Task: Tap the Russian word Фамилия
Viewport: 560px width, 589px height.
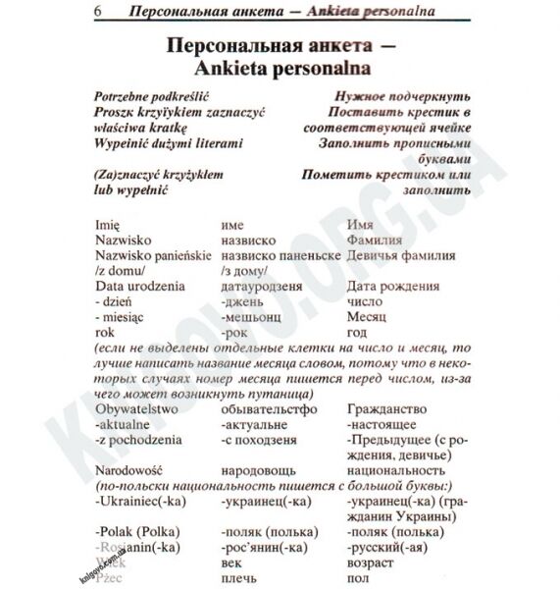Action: coord(375,240)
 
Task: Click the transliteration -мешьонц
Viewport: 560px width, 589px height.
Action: coord(252,317)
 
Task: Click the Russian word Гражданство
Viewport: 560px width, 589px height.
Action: coord(387,408)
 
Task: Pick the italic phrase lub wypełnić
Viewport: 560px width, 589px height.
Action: coord(131,189)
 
